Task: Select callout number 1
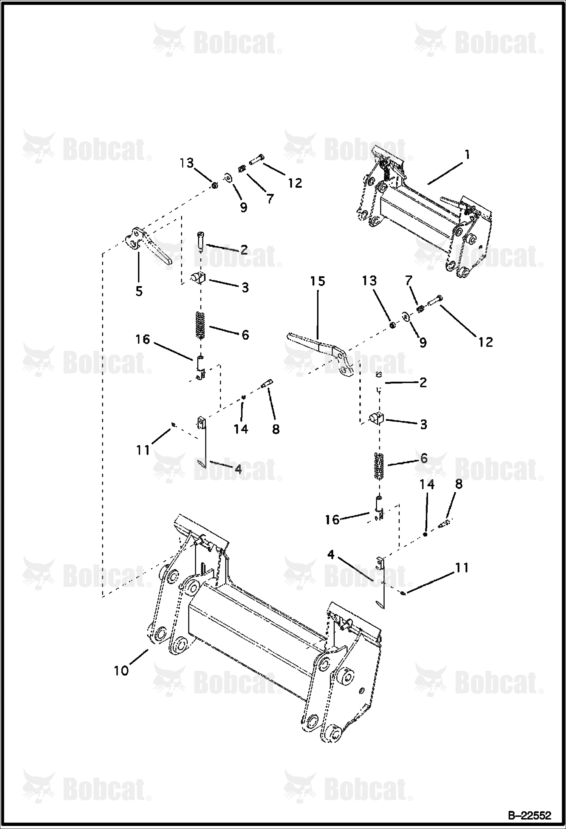467,155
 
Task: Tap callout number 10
122,671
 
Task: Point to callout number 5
139,291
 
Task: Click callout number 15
318,281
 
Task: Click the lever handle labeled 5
148,246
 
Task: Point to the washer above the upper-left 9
228,177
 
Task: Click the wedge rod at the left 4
203,442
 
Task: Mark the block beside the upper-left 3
197,278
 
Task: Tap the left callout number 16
143,339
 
